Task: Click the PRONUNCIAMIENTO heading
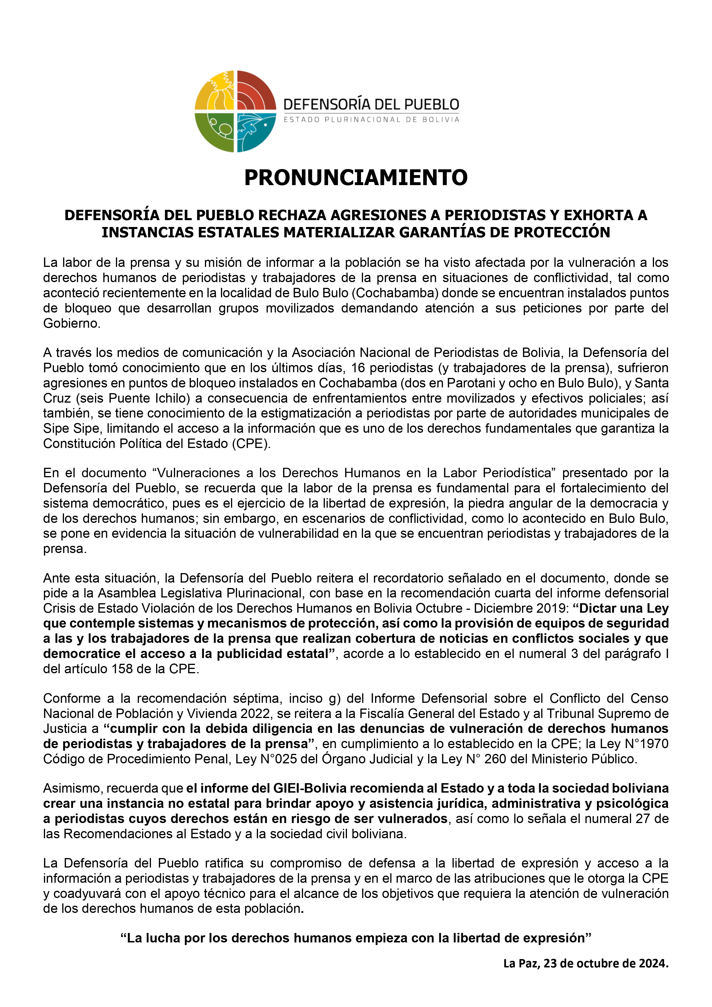click(356, 178)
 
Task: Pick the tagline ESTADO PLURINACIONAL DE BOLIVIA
click(371, 120)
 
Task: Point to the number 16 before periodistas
click(358, 368)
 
